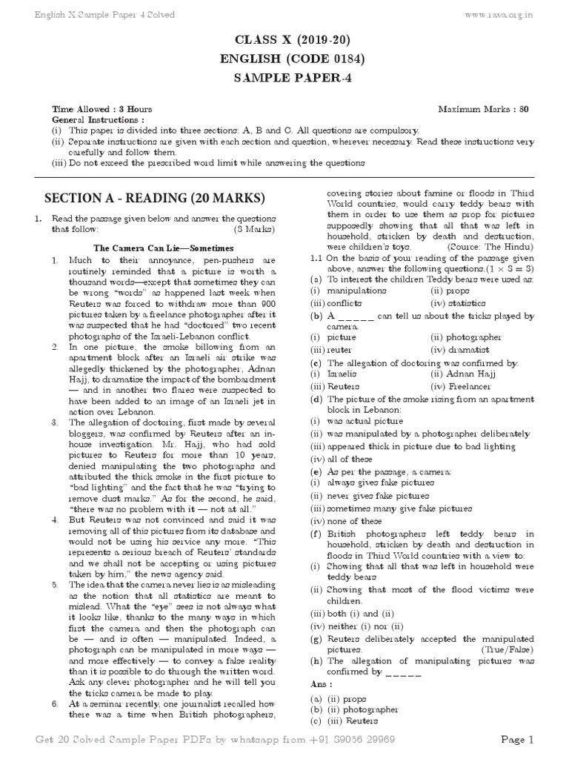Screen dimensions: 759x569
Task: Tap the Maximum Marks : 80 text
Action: pyautogui.click(x=483, y=109)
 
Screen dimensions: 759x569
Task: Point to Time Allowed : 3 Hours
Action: pyautogui.click(x=92, y=109)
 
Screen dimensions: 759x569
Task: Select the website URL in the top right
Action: pyautogui.click(x=520, y=13)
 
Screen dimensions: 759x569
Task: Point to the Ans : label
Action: pyautogui.click(x=322, y=683)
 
